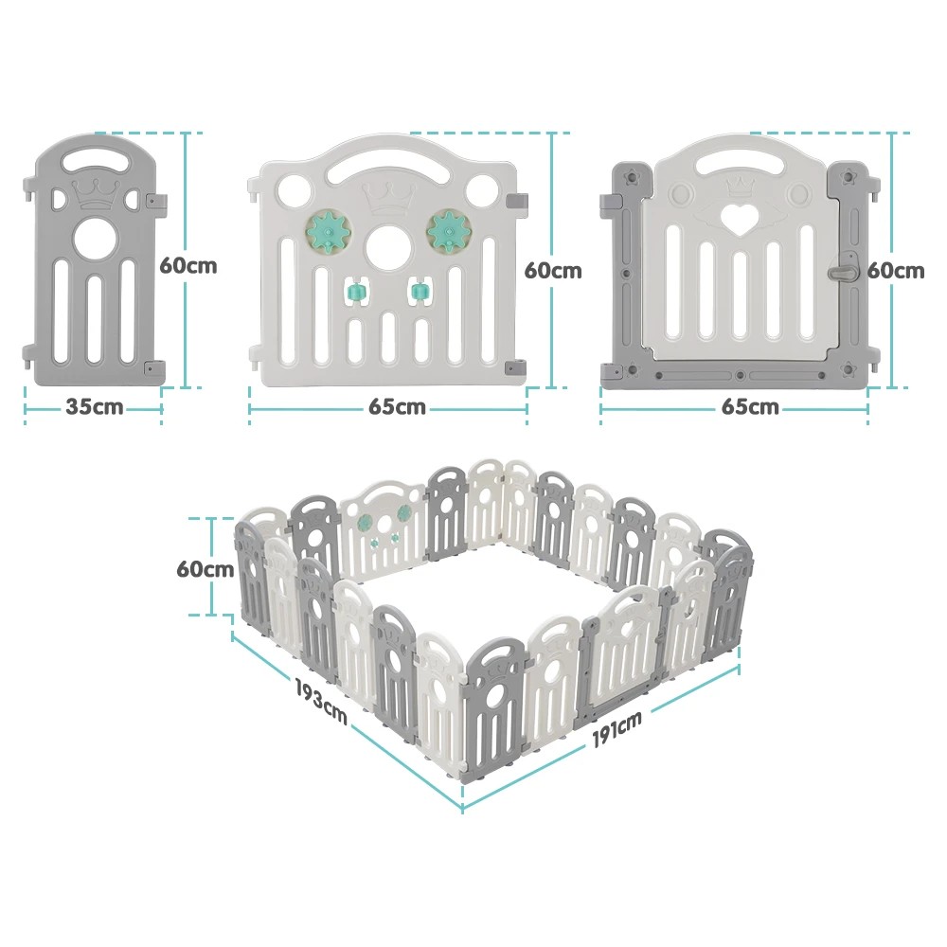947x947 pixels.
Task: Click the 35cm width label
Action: (94, 408)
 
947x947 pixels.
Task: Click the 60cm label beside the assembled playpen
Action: (205, 569)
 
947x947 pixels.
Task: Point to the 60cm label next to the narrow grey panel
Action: (188, 265)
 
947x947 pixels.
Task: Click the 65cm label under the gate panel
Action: (749, 408)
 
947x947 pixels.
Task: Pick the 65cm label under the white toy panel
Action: (397, 408)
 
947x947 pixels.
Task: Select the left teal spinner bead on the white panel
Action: (357, 292)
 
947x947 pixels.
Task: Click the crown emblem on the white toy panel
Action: (386, 198)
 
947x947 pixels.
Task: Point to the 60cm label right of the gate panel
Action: (896, 270)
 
